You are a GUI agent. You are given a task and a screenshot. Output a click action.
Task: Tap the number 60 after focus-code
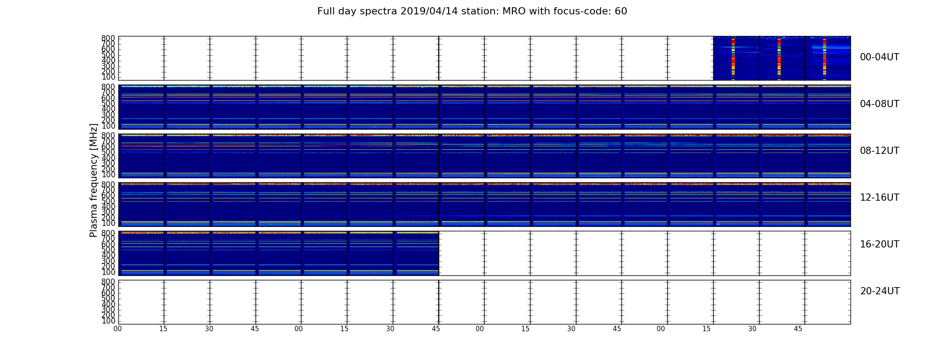(621, 11)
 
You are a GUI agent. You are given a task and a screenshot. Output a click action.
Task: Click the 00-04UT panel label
(880, 57)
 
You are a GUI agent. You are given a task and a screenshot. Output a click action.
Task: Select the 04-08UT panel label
(880, 104)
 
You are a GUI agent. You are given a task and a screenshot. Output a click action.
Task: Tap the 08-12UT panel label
(880, 151)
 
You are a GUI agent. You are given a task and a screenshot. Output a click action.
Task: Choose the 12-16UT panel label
(880, 198)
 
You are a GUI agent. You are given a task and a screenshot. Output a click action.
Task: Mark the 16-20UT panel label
(880, 244)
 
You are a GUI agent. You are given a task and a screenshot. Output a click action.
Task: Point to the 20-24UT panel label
(880, 291)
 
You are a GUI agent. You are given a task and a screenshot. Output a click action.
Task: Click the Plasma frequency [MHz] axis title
(94, 180)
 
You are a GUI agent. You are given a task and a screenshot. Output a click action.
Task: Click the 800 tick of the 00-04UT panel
(108, 38)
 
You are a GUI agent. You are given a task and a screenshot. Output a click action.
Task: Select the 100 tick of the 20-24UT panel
(108, 321)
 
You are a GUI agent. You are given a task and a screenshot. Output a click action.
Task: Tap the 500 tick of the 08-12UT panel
(108, 152)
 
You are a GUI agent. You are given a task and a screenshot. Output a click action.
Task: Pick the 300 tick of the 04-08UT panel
(108, 115)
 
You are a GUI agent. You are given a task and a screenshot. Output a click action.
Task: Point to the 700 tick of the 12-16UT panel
(108, 190)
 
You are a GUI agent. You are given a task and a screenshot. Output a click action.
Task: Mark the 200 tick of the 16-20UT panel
(108, 266)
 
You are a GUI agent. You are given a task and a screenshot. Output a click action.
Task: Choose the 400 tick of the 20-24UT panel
(108, 304)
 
